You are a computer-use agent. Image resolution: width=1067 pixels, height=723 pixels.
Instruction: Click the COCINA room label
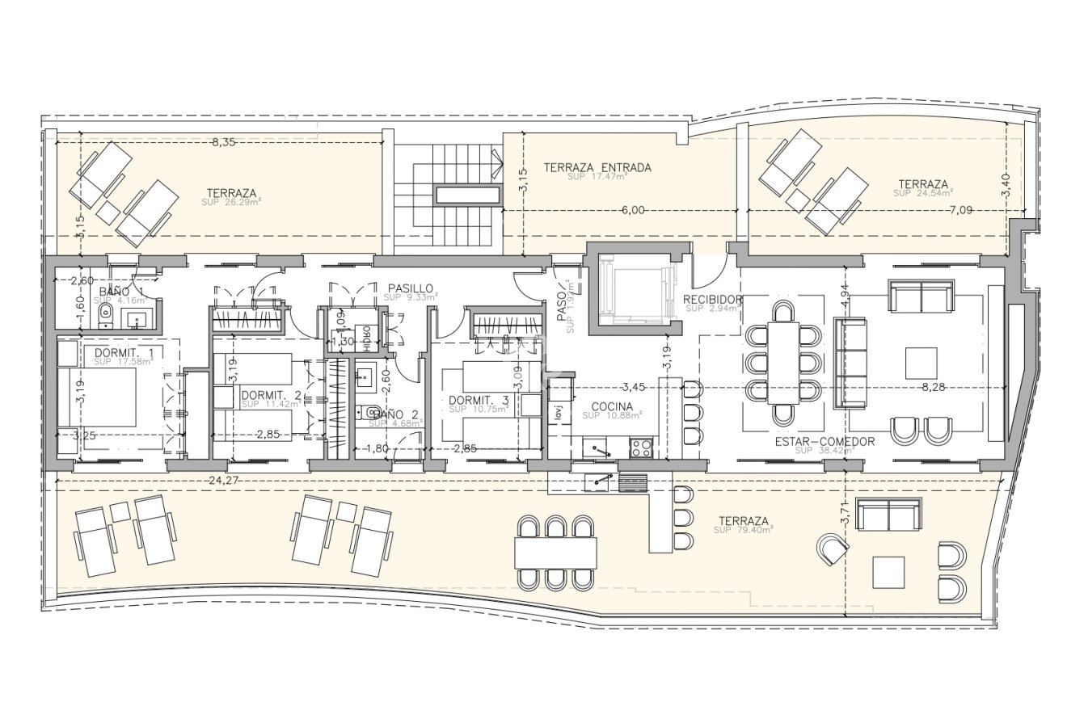pos(611,406)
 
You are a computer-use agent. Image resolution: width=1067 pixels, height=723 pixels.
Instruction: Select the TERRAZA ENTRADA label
pos(597,168)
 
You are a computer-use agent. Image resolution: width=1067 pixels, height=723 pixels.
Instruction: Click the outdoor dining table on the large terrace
pos(556,553)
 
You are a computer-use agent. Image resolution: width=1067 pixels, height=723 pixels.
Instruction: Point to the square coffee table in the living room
pos(921,363)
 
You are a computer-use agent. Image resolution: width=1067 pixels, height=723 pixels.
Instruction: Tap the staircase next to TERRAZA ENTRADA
pos(443,194)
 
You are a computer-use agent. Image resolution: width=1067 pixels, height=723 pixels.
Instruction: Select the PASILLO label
pos(411,288)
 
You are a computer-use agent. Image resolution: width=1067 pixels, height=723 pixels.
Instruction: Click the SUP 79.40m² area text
pos(744,531)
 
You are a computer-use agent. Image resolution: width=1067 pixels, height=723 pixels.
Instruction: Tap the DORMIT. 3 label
pos(479,400)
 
